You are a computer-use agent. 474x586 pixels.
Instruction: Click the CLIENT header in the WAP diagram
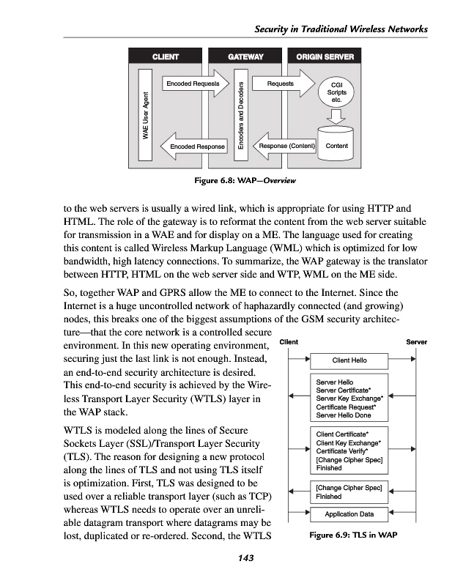coord(165,56)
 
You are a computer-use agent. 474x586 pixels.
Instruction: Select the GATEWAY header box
coord(245,56)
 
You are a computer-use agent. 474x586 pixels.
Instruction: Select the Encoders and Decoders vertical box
coord(239,114)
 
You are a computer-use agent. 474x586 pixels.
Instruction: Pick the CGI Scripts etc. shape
coord(337,93)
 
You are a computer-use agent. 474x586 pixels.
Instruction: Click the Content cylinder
coord(337,143)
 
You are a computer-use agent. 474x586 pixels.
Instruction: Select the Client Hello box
coord(349,360)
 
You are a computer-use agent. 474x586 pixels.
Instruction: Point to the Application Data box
coord(349,513)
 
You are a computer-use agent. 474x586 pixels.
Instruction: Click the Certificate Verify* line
coord(343,451)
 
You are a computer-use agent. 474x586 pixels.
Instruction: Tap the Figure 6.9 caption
coord(352,535)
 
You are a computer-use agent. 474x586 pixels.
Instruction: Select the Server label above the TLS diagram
coord(416,342)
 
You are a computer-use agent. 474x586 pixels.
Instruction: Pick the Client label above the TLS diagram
coord(289,342)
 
